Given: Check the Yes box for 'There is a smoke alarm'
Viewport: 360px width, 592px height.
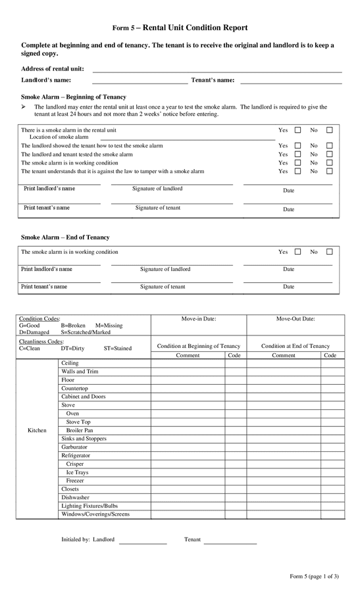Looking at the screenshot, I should click(297, 130).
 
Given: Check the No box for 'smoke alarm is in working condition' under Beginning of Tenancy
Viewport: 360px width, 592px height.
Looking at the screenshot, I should click(330, 162).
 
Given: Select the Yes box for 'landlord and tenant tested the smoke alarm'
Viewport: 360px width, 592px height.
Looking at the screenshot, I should click(297, 155).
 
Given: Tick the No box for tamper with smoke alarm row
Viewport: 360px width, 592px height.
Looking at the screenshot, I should click(330, 171).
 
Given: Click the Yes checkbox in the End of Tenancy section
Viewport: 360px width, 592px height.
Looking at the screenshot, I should click(297, 252).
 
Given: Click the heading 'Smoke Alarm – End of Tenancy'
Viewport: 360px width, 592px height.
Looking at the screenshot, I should click(65, 237).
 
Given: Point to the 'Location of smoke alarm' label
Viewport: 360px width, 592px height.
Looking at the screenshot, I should click(59, 137).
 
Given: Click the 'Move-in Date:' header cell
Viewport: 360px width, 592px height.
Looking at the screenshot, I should click(199, 319).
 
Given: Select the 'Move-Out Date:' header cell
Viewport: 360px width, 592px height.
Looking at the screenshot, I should click(295, 319).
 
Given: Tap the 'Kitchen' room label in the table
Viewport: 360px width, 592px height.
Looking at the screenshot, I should click(37, 430).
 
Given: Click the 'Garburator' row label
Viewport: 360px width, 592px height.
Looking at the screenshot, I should click(74, 447).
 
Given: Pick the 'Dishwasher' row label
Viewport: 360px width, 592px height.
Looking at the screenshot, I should click(75, 498).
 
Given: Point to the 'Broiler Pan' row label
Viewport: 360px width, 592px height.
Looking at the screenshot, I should click(80, 430).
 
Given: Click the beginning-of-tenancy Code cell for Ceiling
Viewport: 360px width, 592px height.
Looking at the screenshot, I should click(235, 363).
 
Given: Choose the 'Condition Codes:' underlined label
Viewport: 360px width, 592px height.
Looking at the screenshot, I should click(39, 319).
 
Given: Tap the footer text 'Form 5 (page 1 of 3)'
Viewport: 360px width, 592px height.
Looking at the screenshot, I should click(314, 577).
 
